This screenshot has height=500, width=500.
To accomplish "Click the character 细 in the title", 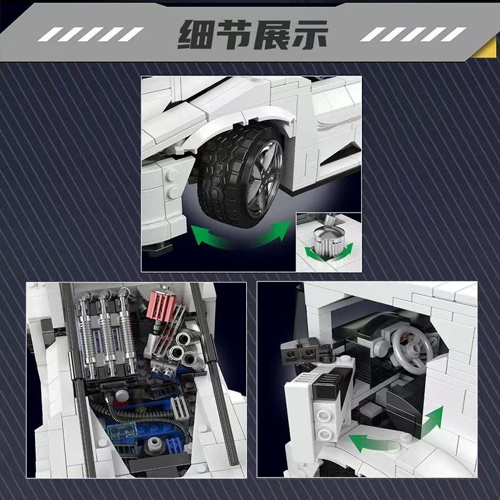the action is (x=195, y=34).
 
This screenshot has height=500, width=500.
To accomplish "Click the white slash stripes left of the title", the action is (x=91, y=34).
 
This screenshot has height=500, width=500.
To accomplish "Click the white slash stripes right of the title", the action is (x=413, y=34).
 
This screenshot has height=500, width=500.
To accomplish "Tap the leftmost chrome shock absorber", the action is (x=87, y=335).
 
